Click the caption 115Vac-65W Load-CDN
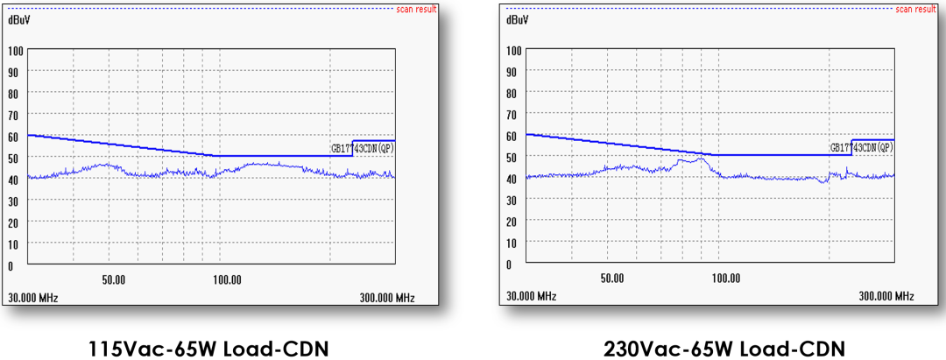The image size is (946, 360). (x=208, y=349)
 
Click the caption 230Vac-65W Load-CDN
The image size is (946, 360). (x=725, y=349)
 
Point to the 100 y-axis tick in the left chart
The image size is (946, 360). (x=16, y=50)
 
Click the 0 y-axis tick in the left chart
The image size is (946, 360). (x=11, y=265)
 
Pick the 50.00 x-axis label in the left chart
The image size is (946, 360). (x=114, y=279)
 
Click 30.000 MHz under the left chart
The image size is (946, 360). (x=33, y=298)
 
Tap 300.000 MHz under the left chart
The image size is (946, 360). (x=387, y=298)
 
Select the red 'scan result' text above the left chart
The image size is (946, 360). (x=418, y=9)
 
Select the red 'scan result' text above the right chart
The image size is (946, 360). (x=916, y=9)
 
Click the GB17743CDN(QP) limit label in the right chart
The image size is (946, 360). (x=862, y=147)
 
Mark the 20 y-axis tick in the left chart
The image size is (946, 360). (x=13, y=222)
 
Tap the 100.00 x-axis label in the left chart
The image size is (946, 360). (x=227, y=279)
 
